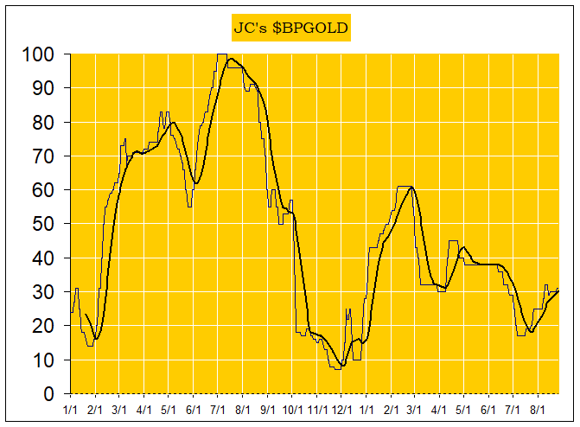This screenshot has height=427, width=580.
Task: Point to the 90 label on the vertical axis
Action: click(x=42, y=88)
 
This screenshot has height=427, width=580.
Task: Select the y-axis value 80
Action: click(x=42, y=123)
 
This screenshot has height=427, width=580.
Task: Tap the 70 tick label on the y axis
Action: click(x=42, y=156)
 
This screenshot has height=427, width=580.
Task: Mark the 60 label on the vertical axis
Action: click(x=42, y=190)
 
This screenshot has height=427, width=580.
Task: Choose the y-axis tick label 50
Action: click(x=42, y=224)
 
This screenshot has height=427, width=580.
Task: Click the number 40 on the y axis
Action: click(x=42, y=258)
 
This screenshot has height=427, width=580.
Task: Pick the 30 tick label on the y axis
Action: click(x=42, y=292)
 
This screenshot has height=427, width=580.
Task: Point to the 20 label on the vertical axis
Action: click(x=42, y=326)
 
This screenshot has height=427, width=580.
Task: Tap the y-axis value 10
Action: click(x=42, y=360)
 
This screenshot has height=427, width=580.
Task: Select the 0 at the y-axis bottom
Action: click(x=48, y=394)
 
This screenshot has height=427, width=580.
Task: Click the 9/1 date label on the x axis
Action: click(x=267, y=406)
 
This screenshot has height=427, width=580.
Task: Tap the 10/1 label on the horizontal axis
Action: click(x=291, y=406)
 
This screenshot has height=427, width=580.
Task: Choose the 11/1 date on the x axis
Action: click(x=316, y=406)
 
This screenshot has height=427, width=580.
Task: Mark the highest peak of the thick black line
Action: click(x=232, y=59)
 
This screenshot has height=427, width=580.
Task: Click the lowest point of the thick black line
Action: click(x=342, y=366)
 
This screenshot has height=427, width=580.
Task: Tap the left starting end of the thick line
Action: click(x=85, y=314)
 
